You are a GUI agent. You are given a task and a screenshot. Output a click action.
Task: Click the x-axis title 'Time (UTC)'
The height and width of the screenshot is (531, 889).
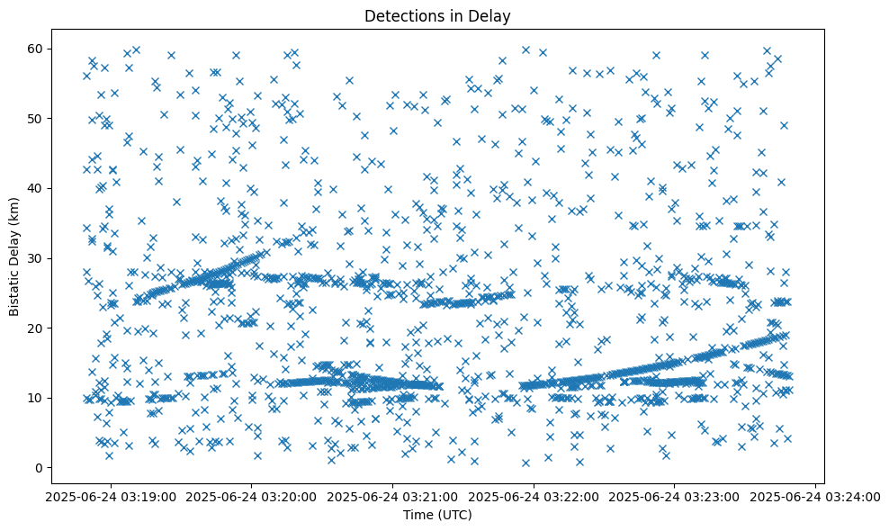(x=437, y=515)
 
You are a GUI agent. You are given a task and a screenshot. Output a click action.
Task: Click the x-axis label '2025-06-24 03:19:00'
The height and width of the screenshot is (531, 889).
(x=112, y=497)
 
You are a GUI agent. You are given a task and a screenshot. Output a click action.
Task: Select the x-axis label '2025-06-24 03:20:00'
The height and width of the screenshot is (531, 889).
(x=253, y=497)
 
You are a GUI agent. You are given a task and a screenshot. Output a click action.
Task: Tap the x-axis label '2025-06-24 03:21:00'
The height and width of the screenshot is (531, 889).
(x=393, y=497)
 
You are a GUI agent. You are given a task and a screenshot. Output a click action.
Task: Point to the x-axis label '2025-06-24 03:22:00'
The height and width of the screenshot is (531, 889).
(x=534, y=497)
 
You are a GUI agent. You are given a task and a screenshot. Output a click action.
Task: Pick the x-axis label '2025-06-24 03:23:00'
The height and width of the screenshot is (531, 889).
(x=675, y=497)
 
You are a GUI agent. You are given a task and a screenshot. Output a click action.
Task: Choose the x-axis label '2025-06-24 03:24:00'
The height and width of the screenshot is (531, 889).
(x=815, y=497)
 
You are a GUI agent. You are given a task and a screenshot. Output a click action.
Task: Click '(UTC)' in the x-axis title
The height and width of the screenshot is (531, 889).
(x=454, y=515)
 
